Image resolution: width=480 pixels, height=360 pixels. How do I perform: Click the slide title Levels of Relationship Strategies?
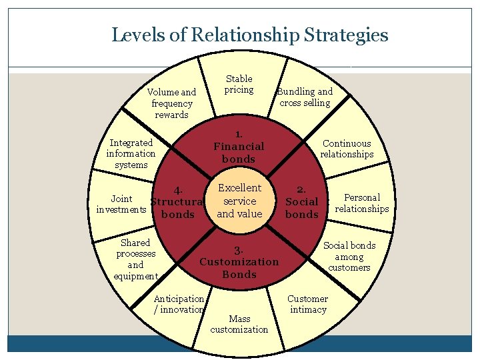click(249, 34)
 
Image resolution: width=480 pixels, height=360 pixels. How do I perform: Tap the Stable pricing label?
click(239, 84)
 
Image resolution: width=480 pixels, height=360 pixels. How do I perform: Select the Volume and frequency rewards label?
click(171, 103)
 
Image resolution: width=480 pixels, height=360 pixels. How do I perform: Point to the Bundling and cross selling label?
click(305, 97)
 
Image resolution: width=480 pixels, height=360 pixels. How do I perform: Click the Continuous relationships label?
click(347, 149)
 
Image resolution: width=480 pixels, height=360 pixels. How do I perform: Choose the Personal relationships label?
click(361, 203)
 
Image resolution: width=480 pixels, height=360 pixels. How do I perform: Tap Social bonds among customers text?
click(349, 257)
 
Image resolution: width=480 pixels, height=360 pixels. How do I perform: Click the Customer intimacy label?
click(307, 304)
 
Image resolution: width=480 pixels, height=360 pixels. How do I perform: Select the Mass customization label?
click(239, 324)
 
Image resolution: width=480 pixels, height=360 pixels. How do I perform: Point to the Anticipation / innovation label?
click(179, 304)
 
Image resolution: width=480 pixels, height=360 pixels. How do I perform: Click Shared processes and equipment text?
click(136, 259)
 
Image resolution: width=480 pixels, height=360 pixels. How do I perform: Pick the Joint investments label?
click(121, 204)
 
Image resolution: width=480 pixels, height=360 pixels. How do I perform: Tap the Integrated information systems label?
click(131, 153)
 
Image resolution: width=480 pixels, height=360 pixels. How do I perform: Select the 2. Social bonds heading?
click(302, 202)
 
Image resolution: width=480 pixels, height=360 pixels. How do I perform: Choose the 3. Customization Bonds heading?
click(239, 262)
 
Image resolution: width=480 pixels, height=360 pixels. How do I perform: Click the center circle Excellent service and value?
click(239, 201)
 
